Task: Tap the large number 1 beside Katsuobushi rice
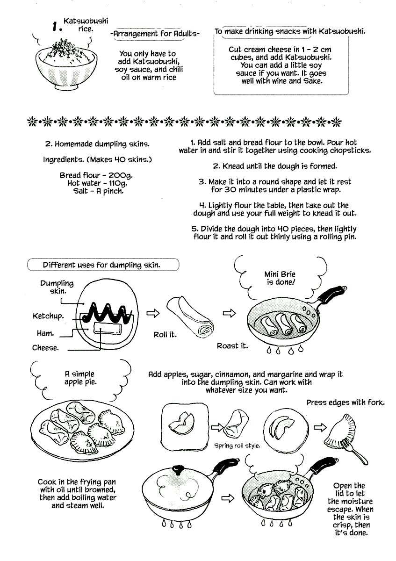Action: (x=57, y=27)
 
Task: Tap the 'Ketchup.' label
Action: (x=48, y=316)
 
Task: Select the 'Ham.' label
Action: (x=45, y=333)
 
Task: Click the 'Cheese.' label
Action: (x=45, y=348)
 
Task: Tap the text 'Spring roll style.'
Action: (x=237, y=446)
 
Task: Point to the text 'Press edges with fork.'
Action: (x=345, y=403)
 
